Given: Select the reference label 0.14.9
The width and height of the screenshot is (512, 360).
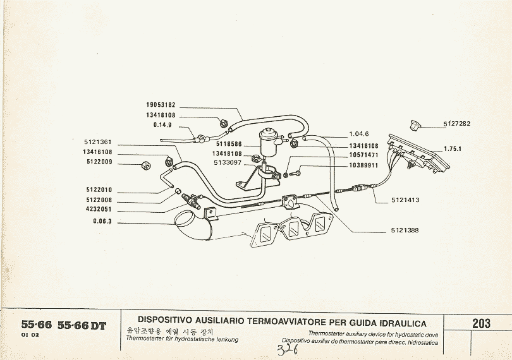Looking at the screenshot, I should point(164,124).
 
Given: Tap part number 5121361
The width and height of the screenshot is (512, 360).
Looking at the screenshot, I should point(97,142).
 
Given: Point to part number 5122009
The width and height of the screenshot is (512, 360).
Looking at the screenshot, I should point(97,162).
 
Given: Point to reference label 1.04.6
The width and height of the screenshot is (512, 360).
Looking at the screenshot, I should point(358,134).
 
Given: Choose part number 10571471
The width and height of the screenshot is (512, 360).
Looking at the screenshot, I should point(363,155).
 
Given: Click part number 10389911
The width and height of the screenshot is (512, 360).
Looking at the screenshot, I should point(363,165).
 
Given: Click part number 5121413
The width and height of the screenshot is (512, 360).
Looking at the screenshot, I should point(405,200).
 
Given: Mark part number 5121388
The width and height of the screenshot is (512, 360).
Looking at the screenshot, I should point(405,230).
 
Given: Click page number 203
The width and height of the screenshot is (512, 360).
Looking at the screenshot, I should point(481,323).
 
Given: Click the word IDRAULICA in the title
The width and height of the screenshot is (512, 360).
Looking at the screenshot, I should point(396,323).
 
